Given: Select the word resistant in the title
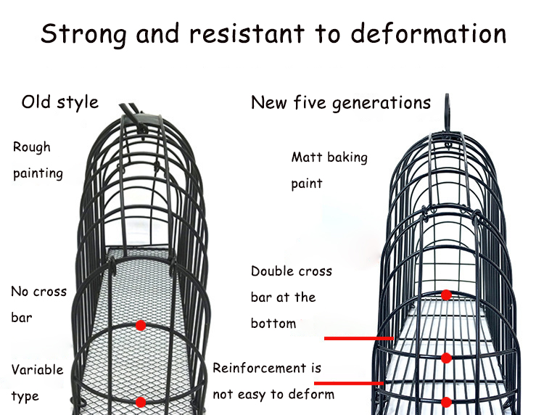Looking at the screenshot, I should (x=256, y=34).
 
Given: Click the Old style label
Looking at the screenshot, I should (x=59, y=102).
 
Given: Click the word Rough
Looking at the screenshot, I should (x=32, y=147).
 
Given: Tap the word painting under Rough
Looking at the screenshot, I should (x=38, y=173).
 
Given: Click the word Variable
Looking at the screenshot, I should (x=37, y=370).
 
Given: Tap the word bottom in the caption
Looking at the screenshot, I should (x=273, y=323).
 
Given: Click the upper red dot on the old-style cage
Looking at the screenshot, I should (x=141, y=325).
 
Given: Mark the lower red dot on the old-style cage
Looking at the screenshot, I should (x=141, y=401).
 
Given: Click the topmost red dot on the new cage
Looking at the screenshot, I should (x=447, y=295).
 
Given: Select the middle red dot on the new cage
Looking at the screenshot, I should (x=447, y=358).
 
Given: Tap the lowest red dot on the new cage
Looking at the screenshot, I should (x=447, y=401).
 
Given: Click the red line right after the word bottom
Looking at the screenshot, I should (x=358, y=338).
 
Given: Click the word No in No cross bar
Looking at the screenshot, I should (x=20, y=292).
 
